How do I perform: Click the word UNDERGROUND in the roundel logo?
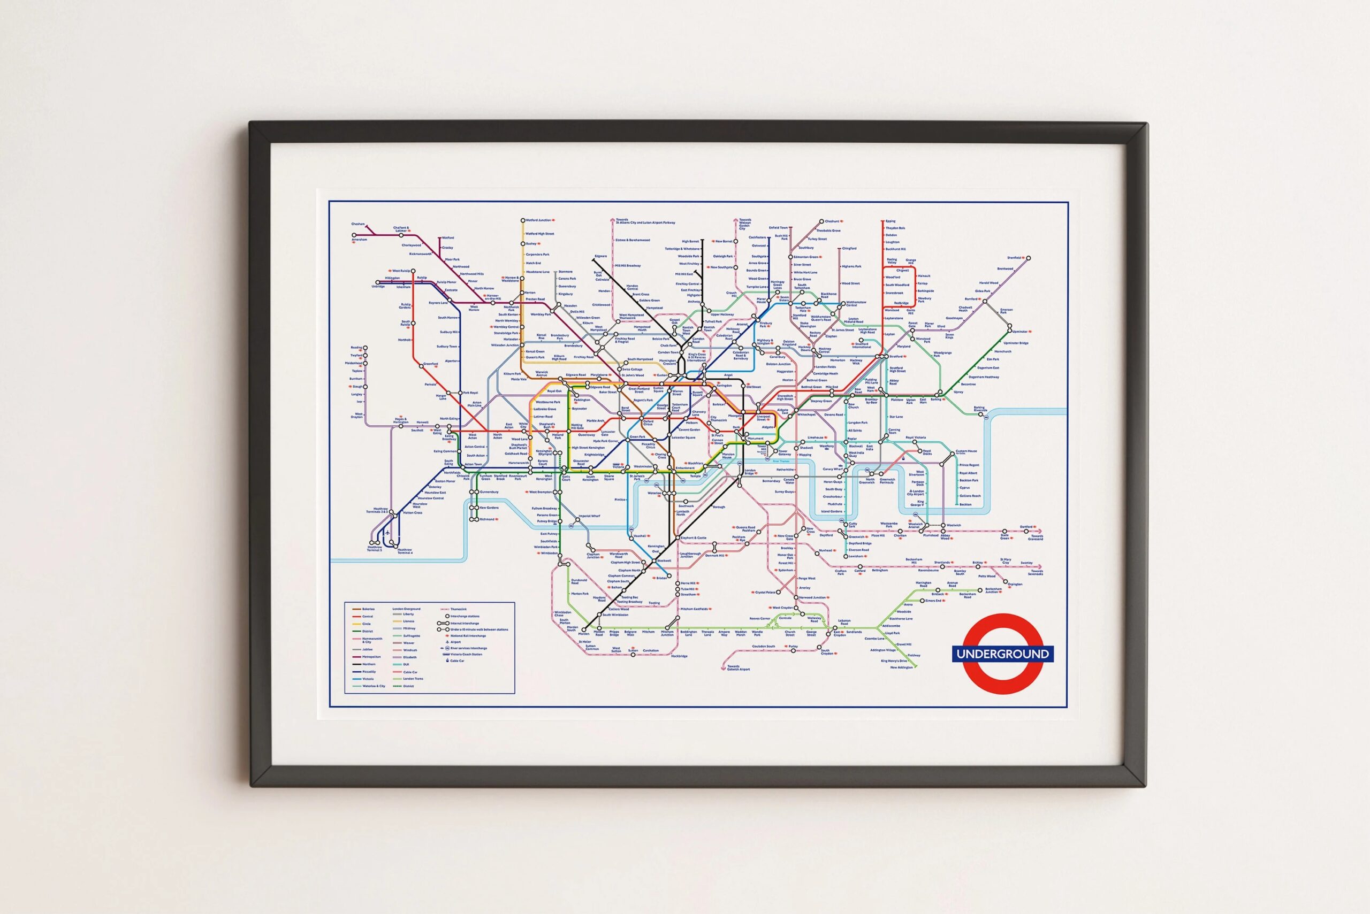[x=1002, y=654]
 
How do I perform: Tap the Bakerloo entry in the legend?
[x=368, y=609]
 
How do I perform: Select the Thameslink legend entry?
[x=459, y=609]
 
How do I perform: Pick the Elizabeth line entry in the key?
[x=409, y=657]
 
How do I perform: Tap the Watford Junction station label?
[x=538, y=220]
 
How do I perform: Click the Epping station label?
[x=890, y=221]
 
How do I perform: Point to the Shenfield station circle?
[x=1028, y=258]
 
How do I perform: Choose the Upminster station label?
[x=1020, y=332]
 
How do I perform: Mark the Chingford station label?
[x=849, y=248]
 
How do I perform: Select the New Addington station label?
[x=901, y=667]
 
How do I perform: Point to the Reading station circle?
[x=365, y=348]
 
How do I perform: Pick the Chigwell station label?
[x=902, y=271]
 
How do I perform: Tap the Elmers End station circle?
[x=922, y=601]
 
